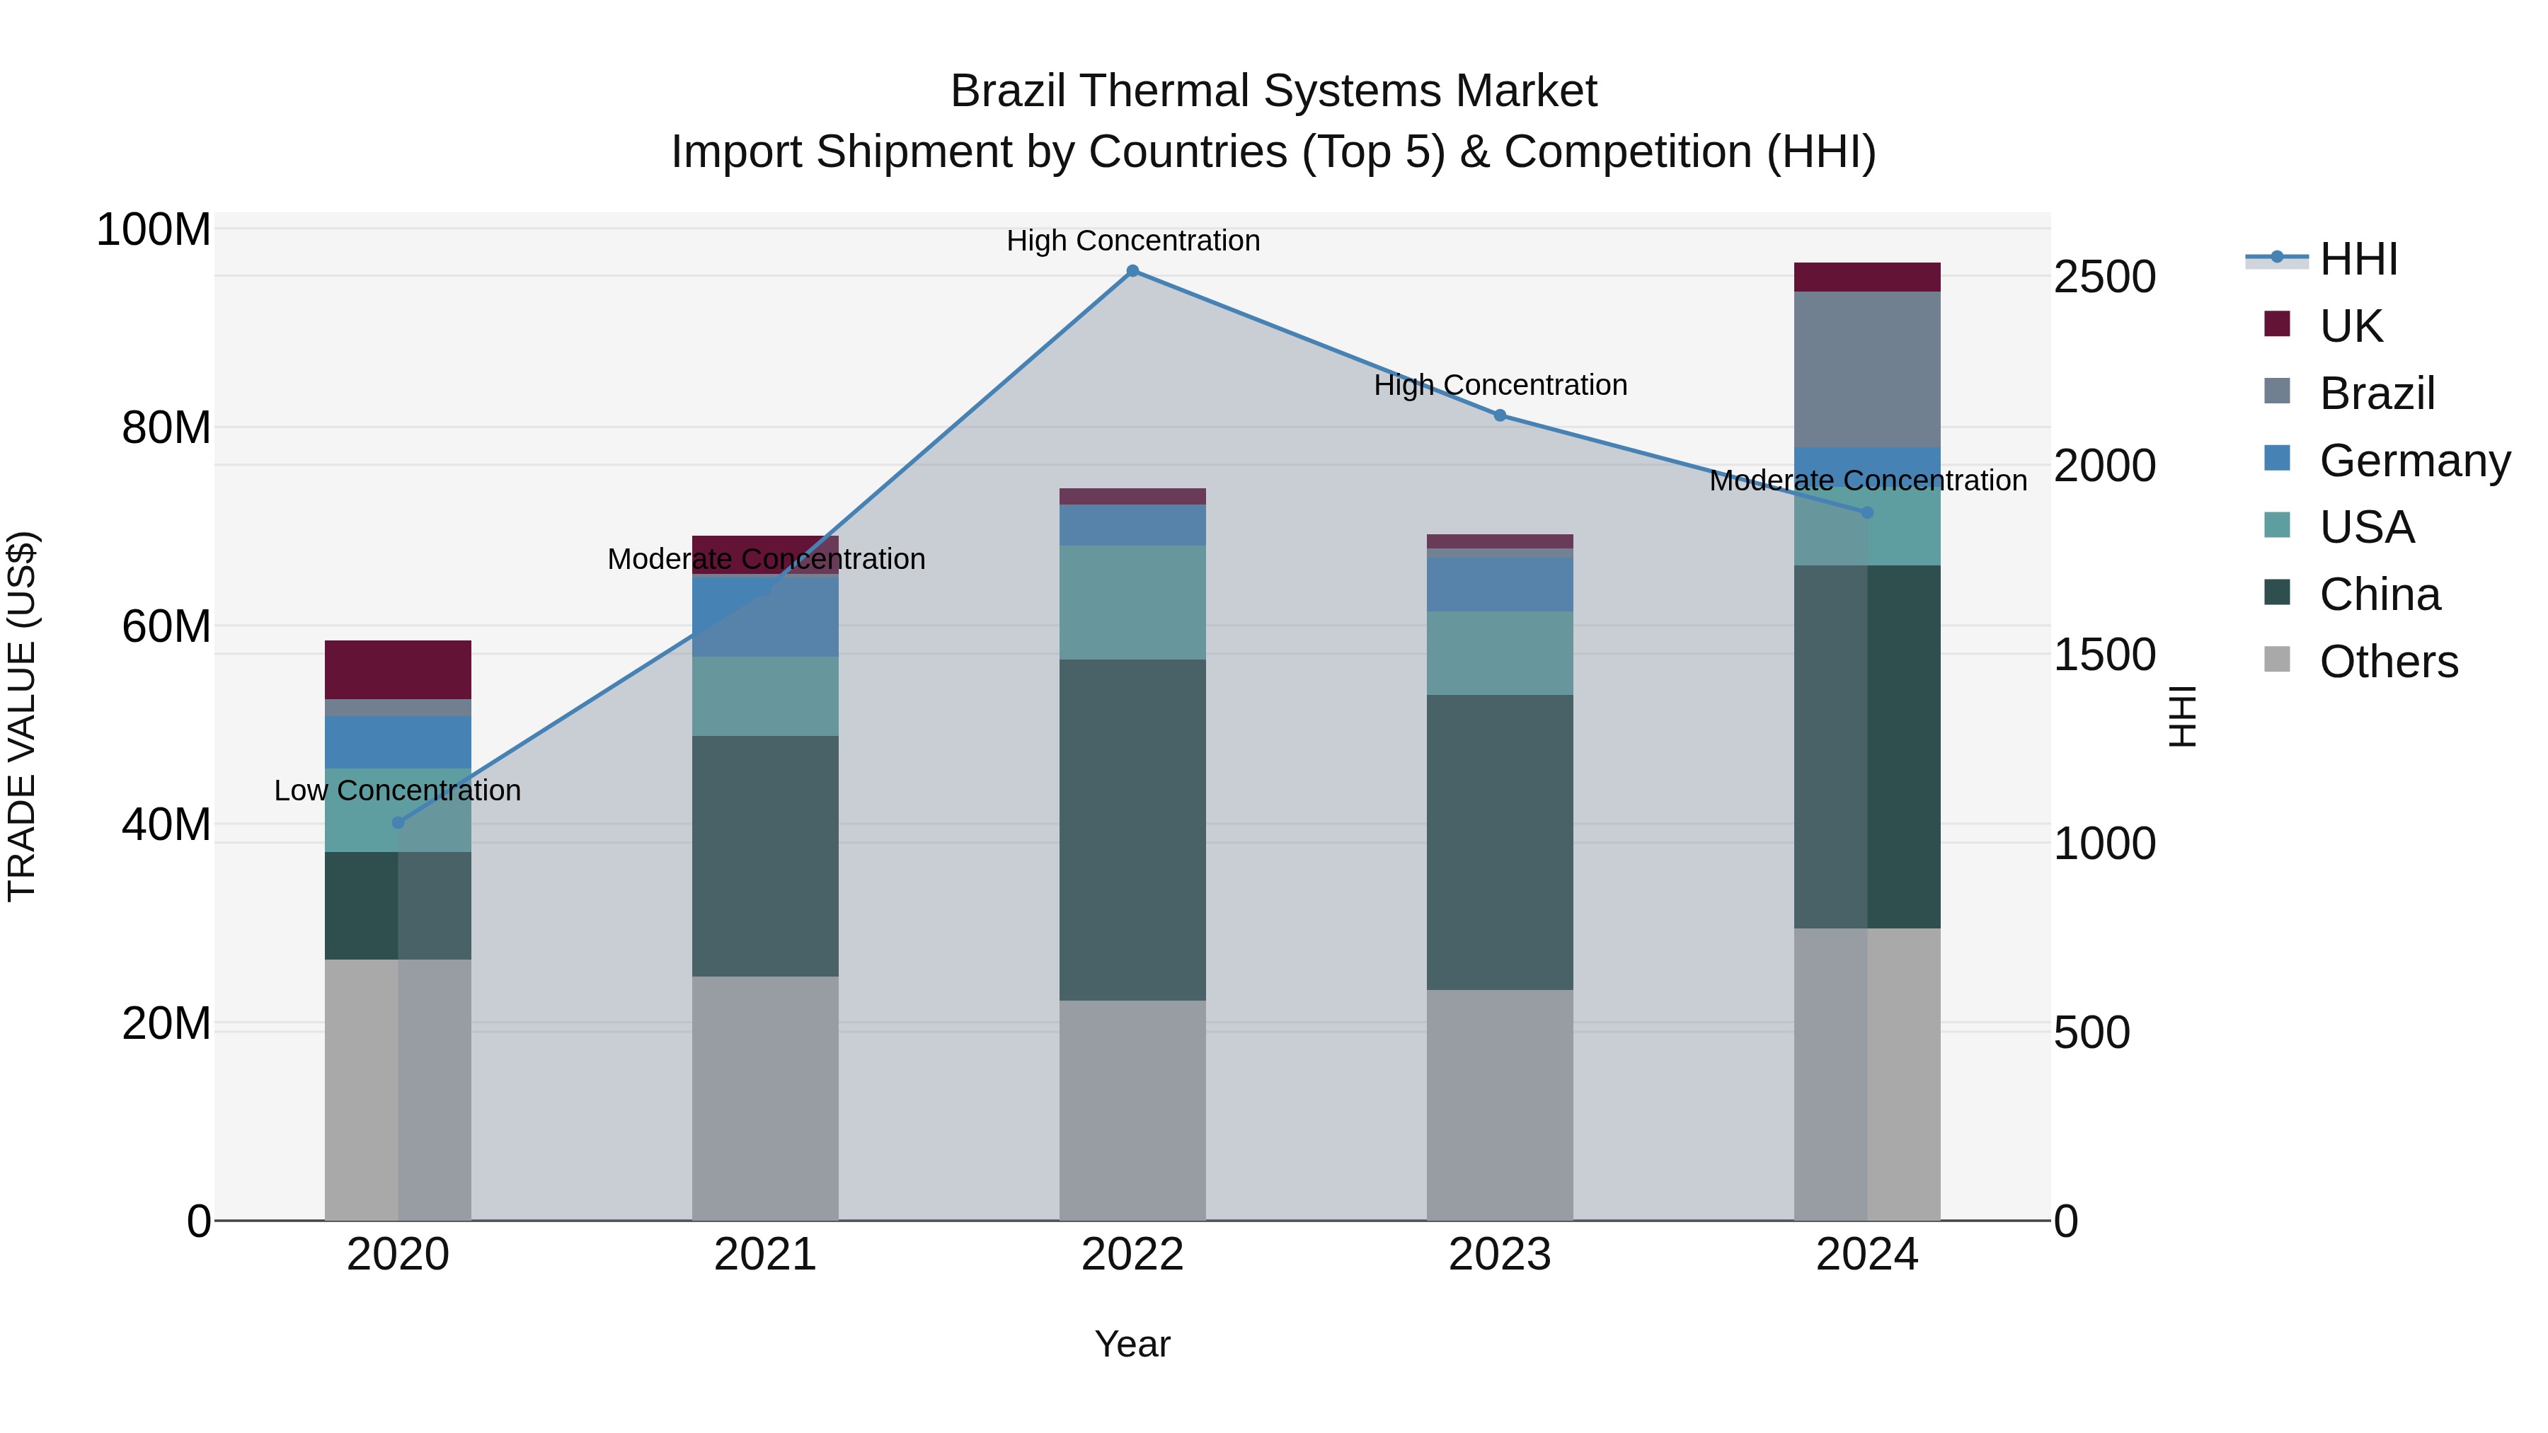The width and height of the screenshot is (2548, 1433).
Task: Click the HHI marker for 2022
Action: (1132, 271)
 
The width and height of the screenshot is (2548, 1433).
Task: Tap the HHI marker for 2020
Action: (398, 822)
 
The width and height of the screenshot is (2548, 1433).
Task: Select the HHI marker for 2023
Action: (1500, 415)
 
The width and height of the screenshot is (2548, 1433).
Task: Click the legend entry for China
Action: (2379, 594)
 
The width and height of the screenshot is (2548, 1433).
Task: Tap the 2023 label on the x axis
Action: (1500, 1255)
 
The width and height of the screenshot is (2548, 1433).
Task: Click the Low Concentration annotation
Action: (398, 790)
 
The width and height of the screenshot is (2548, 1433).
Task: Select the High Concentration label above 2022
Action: (1132, 241)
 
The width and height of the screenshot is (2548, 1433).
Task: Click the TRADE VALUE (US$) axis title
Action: (22, 716)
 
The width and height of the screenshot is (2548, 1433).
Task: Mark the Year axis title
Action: (1132, 1344)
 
